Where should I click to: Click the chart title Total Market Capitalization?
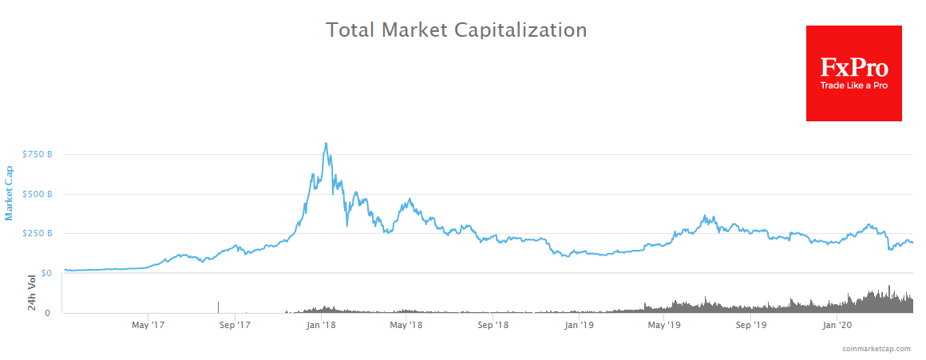(x=456, y=30)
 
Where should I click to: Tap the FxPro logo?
(x=853, y=73)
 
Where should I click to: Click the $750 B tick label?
(x=38, y=154)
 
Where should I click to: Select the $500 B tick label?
(x=38, y=194)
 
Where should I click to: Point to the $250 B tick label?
(x=38, y=233)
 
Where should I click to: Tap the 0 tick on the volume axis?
(x=49, y=313)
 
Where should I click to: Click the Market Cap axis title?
(x=10, y=192)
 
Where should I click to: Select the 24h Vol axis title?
(x=32, y=293)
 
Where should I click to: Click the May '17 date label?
(x=148, y=326)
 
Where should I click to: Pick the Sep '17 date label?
(x=235, y=326)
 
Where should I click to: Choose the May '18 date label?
(x=406, y=326)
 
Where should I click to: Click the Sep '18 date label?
(x=493, y=326)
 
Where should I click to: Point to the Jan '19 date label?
(x=579, y=326)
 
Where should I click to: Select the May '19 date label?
(x=664, y=326)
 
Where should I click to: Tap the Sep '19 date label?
(x=750, y=326)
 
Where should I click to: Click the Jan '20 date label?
(x=836, y=326)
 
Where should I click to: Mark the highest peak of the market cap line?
(x=326, y=144)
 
